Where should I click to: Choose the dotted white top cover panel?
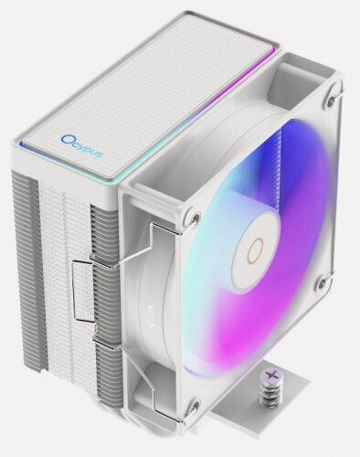146,91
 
